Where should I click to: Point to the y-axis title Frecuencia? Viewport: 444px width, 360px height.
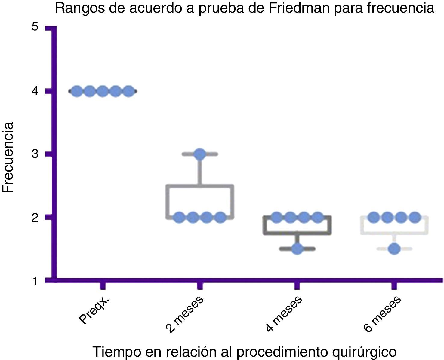click(8, 157)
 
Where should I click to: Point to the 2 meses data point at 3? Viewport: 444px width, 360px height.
click(200, 154)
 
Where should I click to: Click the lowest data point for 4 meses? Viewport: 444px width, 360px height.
click(297, 249)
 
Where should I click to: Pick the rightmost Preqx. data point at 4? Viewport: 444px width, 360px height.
click(128, 91)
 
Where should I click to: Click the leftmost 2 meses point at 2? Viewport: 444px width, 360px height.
click(179, 217)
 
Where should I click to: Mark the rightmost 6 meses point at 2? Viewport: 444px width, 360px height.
click(415, 217)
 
